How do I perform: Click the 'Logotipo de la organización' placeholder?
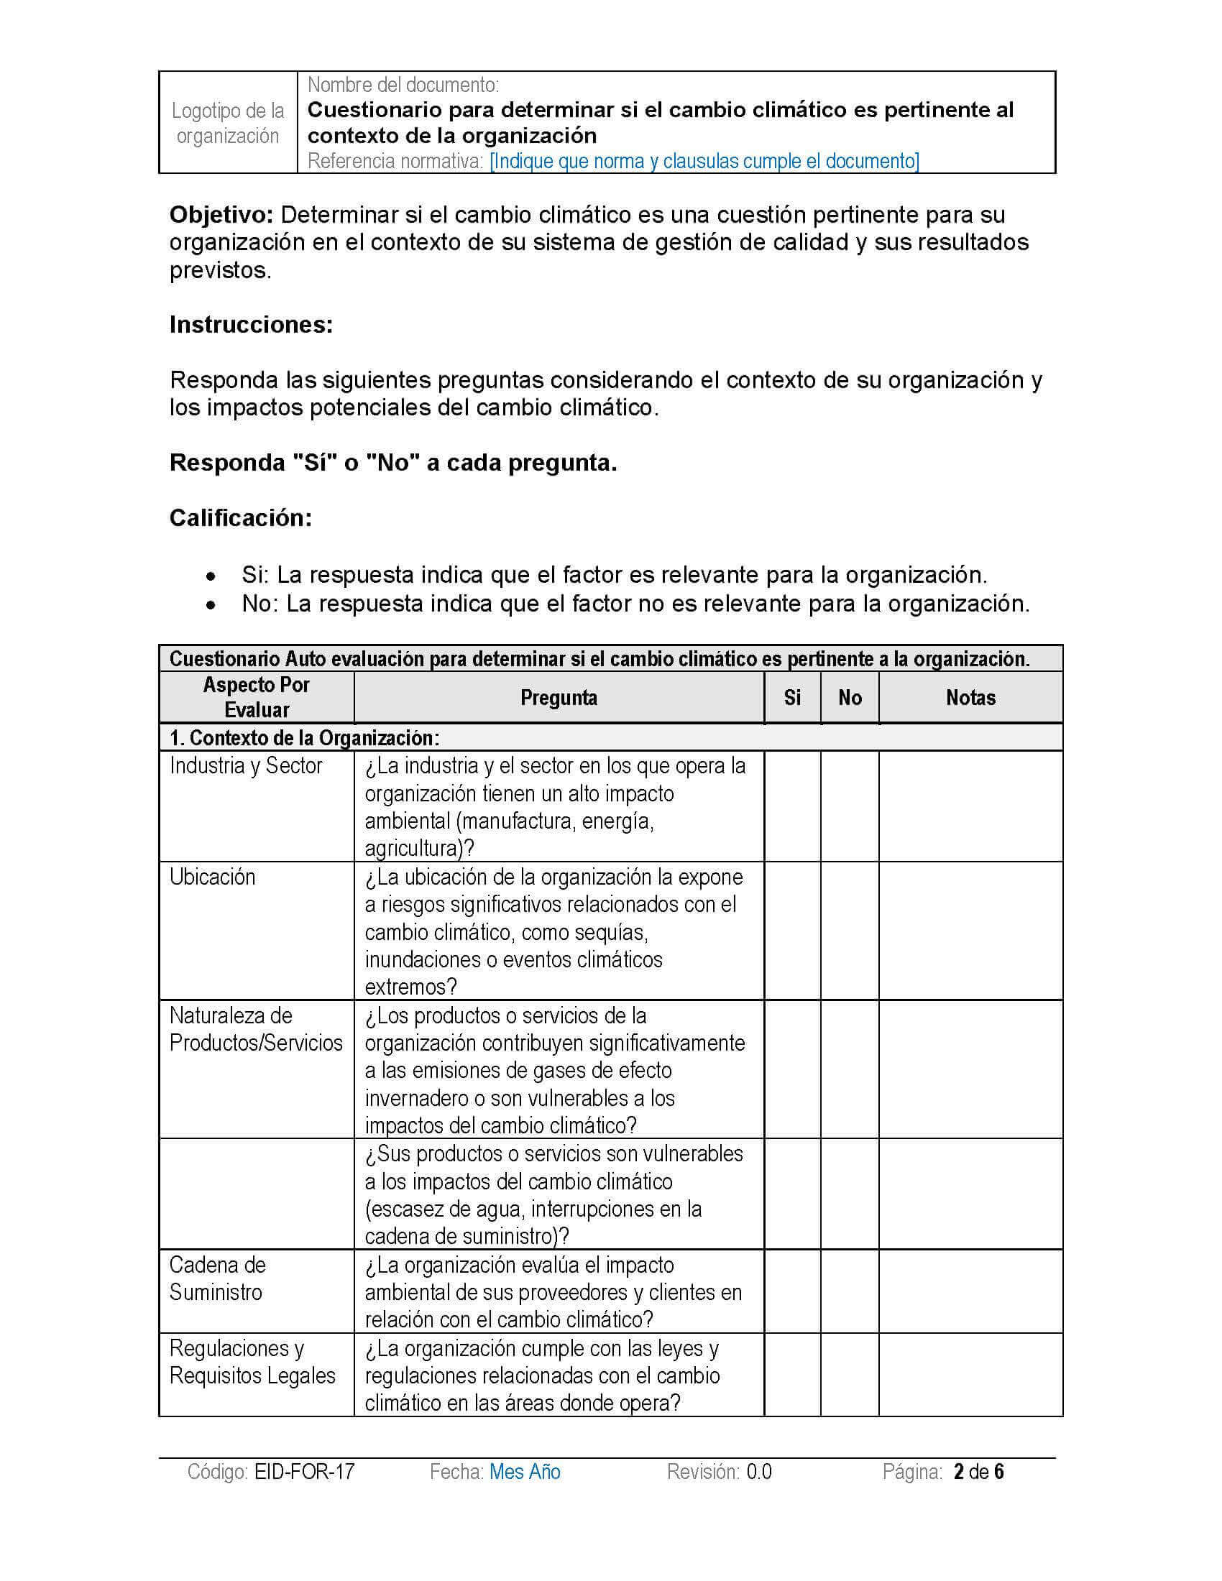pyautogui.click(x=228, y=123)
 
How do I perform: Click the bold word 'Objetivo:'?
pyautogui.click(x=221, y=215)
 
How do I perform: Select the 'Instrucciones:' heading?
pyautogui.click(x=251, y=325)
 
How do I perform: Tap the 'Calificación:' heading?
pyautogui.click(x=240, y=517)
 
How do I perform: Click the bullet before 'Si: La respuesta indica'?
pyautogui.click(x=211, y=577)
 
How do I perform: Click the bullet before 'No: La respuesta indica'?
pyautogui.click(x=211, y=605)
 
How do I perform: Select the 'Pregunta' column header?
pyautogui.click(x=559, y=697)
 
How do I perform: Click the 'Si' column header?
pyautogui.click(x=792, y=697)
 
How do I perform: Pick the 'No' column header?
pyautogui.click(x=850, y=697)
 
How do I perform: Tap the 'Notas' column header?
pyautogui.click(x=970, y=697)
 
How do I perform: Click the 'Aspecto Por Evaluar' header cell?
pyautogui.click(x=257, y=697)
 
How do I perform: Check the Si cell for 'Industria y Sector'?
pyautogui.click(x=792, y=806)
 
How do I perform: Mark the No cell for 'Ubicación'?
pyautogui.click(x=850, y=931)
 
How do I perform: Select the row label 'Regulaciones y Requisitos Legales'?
pyautogui.click(x=252, y=1362)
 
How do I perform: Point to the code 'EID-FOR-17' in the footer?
pyautogui.click(x=304, y=1472)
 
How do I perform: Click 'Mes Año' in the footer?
pyautogui.click(x=525, y=1472)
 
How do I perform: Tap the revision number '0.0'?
pyautogui.click(x=758, y=1472)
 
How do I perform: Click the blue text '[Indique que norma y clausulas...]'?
pyautogui.click(x=704, y=161)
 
